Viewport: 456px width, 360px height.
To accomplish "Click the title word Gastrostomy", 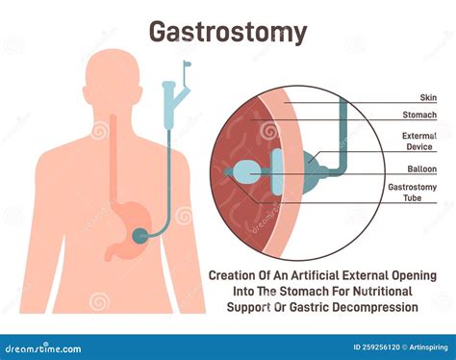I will point(228,32).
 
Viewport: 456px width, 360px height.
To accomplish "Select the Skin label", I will point(429,98).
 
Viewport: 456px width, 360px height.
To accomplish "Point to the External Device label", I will point(418,142).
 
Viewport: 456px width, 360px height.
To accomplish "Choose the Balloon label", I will point(422,168).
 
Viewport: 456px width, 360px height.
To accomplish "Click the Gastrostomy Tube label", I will point(413,194).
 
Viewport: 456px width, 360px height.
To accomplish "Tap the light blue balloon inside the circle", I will point(247,171).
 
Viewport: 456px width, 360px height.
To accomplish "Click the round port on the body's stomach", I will point(141,234).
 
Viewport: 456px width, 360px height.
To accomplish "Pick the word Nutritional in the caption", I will point(379,291).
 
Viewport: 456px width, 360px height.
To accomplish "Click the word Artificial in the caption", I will point(341,275).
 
